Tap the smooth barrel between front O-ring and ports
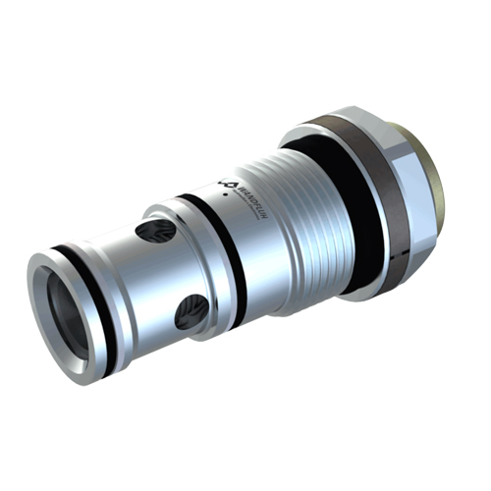[x=128, y=295]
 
